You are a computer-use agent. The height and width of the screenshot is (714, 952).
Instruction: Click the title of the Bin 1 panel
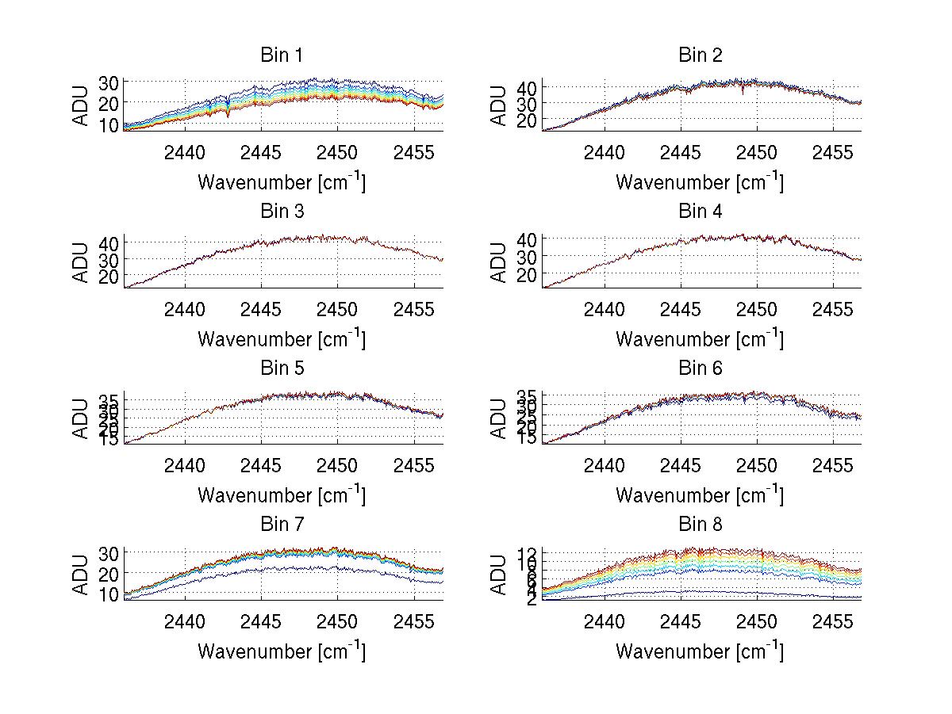coord(282,55)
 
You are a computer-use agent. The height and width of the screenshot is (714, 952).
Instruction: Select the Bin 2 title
coord(700,55)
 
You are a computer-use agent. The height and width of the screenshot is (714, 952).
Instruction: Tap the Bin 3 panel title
coord(282,212)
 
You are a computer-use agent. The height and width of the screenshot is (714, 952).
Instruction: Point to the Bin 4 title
coord(700,212)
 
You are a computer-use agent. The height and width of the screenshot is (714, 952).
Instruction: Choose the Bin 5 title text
coord(282,368)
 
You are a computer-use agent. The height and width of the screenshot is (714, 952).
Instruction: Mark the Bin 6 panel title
coord(700,368)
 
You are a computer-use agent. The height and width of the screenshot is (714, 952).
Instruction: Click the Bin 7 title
coord(282,525)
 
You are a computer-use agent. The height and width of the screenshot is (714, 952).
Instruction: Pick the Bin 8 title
coord(700,525)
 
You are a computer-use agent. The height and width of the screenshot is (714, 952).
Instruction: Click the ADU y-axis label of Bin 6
coord(499,418)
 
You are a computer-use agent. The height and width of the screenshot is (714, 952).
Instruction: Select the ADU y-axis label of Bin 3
coord(81,262)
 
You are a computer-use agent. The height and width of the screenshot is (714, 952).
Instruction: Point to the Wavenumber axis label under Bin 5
coord(282,495)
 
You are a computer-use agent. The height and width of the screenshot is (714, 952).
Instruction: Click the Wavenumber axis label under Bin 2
coord(700,182)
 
